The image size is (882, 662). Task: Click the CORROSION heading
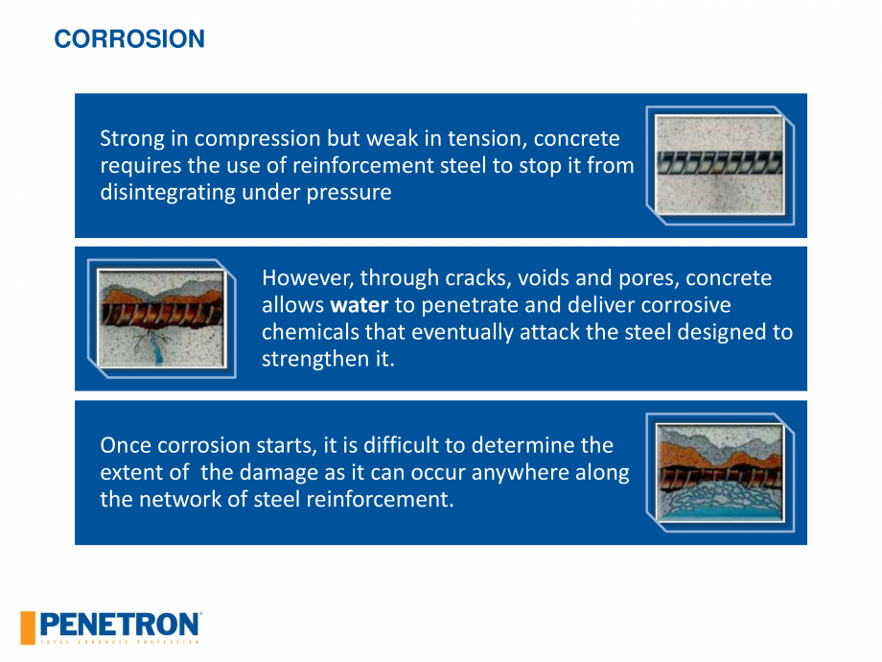pos(129,38)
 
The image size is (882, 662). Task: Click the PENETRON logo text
pos(120,625)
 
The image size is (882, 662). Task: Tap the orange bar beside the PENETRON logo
pos(28,627)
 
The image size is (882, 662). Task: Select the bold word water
pos(359,305)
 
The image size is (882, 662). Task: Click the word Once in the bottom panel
pos(126,445)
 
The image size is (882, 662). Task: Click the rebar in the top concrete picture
pos(720,162)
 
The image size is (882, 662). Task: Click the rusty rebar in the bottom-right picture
pos(720,478)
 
